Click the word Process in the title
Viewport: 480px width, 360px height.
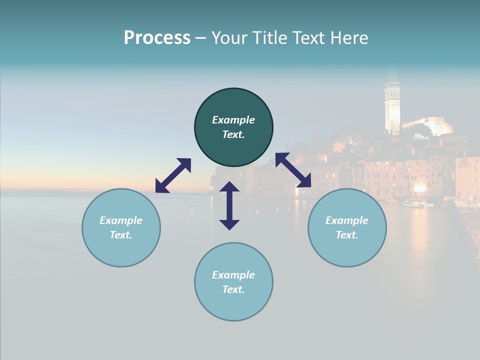tap(157, 38)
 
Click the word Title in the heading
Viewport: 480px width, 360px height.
tap(270, 38)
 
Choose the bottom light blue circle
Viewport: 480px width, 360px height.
tap(233, 305)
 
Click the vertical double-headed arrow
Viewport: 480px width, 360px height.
tap(229, 205)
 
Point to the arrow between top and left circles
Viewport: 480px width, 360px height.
tap(173, 175)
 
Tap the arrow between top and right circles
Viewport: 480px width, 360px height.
tap(293, 170)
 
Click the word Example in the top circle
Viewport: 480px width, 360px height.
tap(233, 120)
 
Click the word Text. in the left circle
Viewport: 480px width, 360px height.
tap(121, 235)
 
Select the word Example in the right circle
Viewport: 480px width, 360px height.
tap(347, 220)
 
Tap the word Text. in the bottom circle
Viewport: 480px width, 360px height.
tap(233, 289)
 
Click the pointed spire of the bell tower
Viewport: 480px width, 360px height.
tap(392, 75)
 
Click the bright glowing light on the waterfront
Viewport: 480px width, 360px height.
tap(419, 187)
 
